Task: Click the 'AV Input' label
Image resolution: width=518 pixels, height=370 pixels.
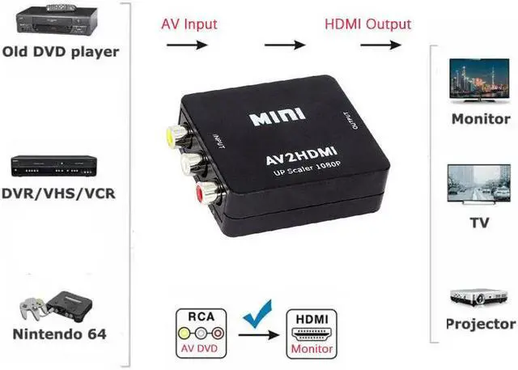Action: coord(190,23)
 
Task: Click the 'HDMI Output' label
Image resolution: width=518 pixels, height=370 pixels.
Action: coord(368,23)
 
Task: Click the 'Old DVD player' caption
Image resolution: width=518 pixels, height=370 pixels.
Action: coord(61,52)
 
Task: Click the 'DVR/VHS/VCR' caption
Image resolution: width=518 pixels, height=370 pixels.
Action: coord(57,195)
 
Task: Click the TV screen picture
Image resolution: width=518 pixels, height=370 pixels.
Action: coord(480,185)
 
